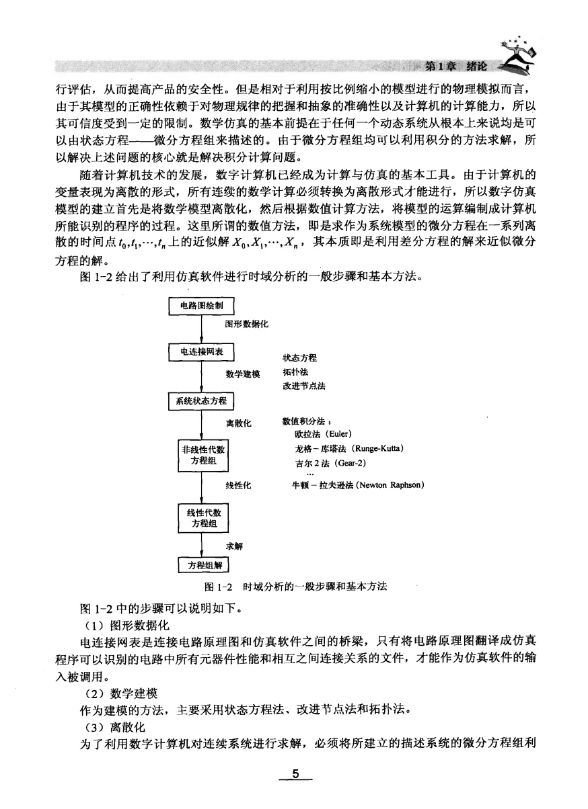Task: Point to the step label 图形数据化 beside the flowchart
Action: pos(246,324)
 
